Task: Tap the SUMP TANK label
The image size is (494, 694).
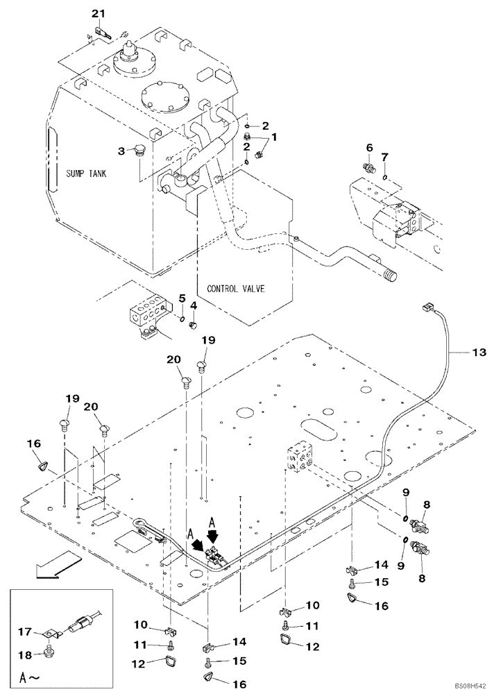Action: click(x=87, y=173)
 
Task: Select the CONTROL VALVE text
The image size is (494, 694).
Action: click(x=235, y=287)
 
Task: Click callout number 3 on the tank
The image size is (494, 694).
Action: click(x=121, y=150)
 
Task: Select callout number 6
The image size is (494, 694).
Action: click(x=370, y=148)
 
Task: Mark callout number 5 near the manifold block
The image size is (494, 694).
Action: click(x=182, y=299)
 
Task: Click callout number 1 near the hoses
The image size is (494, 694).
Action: click(x=273, y=137)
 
